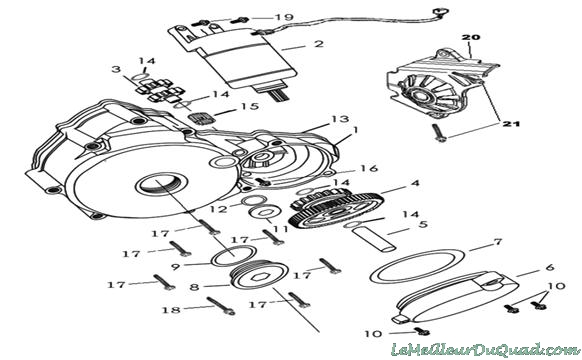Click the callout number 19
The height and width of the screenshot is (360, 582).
(284, 17)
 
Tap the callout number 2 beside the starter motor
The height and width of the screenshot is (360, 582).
(318, 43)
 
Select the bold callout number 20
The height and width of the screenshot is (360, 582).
(471, 37)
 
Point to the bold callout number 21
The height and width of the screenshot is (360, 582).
(511, 124)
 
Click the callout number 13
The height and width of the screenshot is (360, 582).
(340, 119)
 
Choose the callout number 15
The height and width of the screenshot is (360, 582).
(249, 106)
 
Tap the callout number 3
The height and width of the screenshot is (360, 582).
(117, 69)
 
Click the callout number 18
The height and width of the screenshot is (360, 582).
(171, 309)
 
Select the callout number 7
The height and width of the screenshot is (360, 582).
(497, 242)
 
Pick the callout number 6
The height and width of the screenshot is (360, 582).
(550, 267)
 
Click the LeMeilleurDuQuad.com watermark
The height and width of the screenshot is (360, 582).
(485, 350)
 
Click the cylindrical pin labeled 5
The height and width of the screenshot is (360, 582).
(373, 240)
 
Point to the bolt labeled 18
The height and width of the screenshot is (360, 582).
(221, 306)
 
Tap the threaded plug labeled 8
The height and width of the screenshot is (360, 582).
(260, 276)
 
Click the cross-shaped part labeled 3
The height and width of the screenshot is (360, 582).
(160, 91)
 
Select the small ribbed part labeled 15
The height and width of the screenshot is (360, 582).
(201, 120)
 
